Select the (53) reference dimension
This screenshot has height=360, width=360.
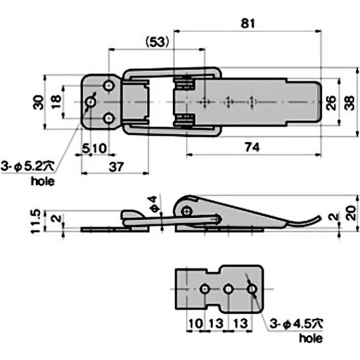point(157,42)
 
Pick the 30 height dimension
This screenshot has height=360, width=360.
point(40,102)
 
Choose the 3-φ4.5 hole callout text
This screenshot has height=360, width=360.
point(297,323)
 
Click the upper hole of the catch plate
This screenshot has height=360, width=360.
point(108,85)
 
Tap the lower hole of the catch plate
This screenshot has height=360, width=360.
point(108,119)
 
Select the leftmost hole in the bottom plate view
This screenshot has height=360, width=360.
point(205,288)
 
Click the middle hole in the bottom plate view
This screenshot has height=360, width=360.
point(228,288)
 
